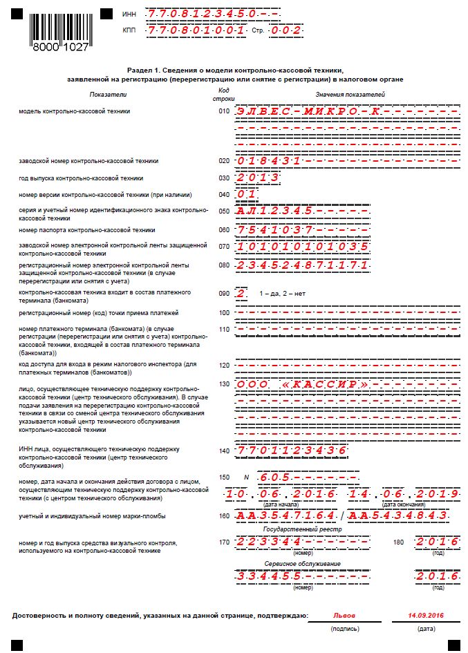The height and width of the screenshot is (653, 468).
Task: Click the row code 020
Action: click(x=223, y=161)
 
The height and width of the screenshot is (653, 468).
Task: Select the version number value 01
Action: click(x=246, y=194)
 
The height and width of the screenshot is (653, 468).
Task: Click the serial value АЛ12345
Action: click(x=275, y=211)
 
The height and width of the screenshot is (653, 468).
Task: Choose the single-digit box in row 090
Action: click(x=241, y=293)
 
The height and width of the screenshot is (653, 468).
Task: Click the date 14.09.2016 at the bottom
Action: click(x=426, y=614)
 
